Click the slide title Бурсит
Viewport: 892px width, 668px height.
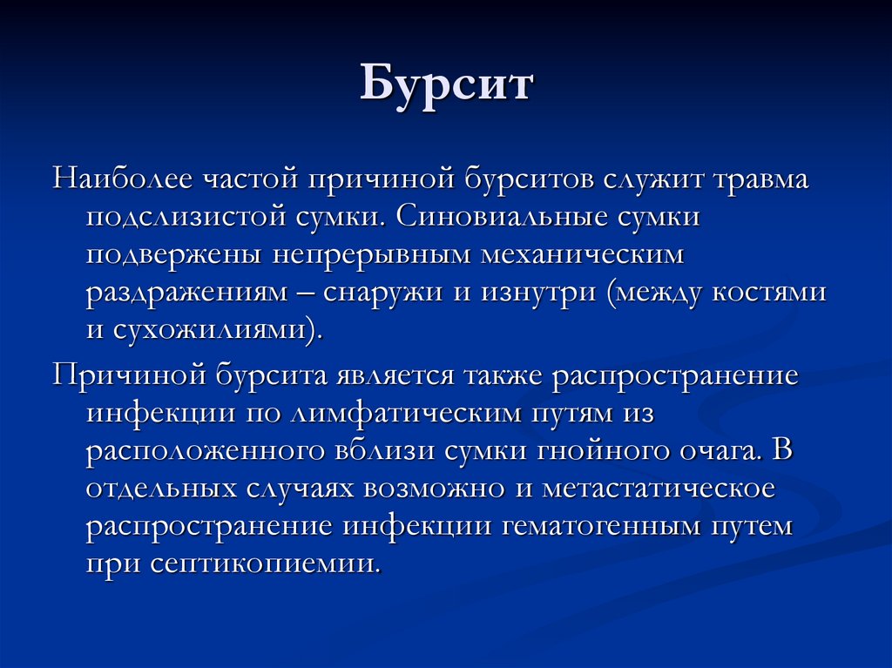(x=446, y=87)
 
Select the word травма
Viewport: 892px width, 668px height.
(x=763, y=180)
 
